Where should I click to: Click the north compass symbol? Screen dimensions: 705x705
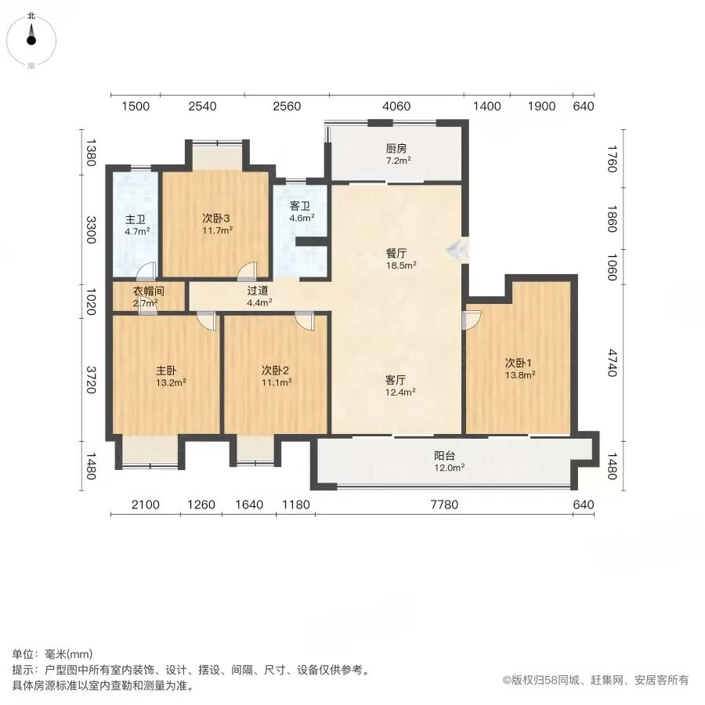point(31,41)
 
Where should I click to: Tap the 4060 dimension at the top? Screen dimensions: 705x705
point(396,106)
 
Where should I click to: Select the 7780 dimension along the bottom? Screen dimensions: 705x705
point(444,504)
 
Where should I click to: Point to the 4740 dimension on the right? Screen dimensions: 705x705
point(612,363)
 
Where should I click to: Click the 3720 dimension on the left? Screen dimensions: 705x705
point(92,379)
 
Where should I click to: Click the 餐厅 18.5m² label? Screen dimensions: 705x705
point(400,259)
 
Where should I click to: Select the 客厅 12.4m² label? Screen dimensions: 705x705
point(400,385)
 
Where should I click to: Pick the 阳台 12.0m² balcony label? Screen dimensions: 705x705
point(449,461)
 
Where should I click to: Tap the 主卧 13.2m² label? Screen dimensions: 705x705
point(171,376)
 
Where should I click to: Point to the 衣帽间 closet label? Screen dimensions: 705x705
point(148,291)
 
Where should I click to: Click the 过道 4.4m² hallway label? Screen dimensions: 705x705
point(259,297)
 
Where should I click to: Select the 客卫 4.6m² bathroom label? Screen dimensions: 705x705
point(302,211)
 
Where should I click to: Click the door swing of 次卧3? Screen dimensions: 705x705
point(247,269)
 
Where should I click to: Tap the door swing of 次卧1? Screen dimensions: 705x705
point(472,320)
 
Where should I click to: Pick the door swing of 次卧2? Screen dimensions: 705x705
point(305,321)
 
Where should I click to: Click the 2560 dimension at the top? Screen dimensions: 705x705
point(287,106)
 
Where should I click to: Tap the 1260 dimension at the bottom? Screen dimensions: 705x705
point(201,504)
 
